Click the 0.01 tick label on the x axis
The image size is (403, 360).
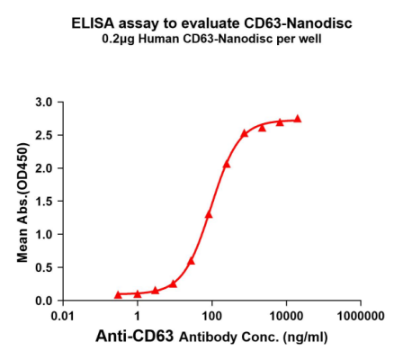click(x=62, y=318)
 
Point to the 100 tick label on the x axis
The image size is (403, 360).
click(x=211, y=318)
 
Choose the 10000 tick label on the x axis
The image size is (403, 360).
click(x=286, y=318)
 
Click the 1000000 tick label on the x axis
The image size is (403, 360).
click(x=361, y=318)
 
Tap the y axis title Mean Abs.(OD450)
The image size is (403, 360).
click(x=24, y=201)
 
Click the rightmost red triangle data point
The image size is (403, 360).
click(x=298, y=119)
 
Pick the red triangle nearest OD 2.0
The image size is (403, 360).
click(x=227, y=165)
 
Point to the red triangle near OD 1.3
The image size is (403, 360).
click(x=209, y=214)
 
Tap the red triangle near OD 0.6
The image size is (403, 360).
click(x=191, y=261)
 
